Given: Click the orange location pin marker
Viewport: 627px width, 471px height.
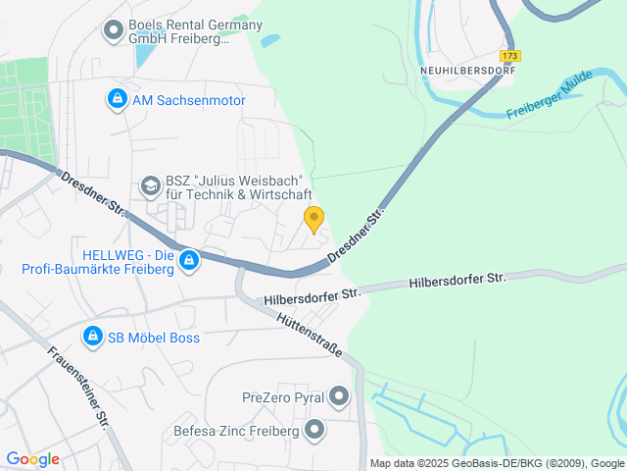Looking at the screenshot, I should click(x=313, y=219).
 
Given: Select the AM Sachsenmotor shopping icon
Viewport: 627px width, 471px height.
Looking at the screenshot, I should click(x=117, y=99).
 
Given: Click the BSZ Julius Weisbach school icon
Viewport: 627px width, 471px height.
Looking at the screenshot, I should click(x=150, y=184).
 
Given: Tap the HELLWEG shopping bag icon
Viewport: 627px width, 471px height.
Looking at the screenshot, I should click(x=189, y=260).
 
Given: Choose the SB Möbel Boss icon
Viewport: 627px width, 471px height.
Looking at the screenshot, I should click(x=92, y=337).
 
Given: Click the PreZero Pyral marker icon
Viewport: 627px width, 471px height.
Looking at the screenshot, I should click(x=339, y=396).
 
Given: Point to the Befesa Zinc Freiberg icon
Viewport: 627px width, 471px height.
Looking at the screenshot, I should click(x=314, y=430).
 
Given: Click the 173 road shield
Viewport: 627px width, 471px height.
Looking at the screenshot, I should click(x=509, y=56).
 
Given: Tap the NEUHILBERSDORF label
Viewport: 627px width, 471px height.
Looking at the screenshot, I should click(x=466, y=71).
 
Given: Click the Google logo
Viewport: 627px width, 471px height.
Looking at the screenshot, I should click(x=32, y=458).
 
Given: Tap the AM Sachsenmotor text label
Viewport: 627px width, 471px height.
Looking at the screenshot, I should click(x=188, y=100).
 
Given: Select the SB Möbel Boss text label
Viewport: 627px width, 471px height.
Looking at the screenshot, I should click(x=154, y=338).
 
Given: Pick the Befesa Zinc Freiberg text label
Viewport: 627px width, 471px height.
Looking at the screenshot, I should click(x=235, y=431).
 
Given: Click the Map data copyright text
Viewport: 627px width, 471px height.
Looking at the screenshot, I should click(x=497, y=463).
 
